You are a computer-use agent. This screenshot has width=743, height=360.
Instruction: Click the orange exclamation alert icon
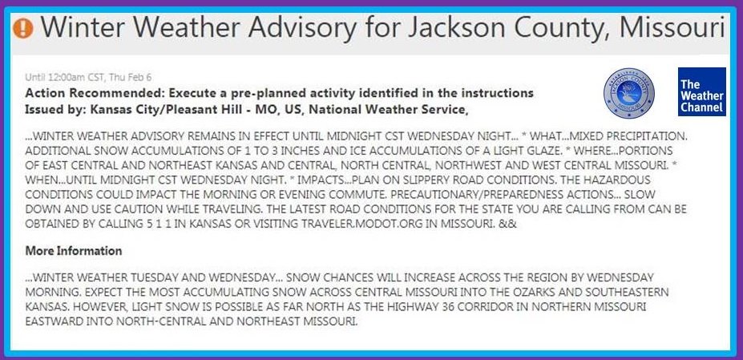[x=22, y=28]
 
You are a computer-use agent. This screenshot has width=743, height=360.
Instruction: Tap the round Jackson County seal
[x=629, y=93]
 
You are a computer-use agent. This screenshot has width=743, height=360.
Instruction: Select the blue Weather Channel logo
[x=702, y=91]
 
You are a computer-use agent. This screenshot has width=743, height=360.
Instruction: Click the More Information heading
[x=74, y=250]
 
